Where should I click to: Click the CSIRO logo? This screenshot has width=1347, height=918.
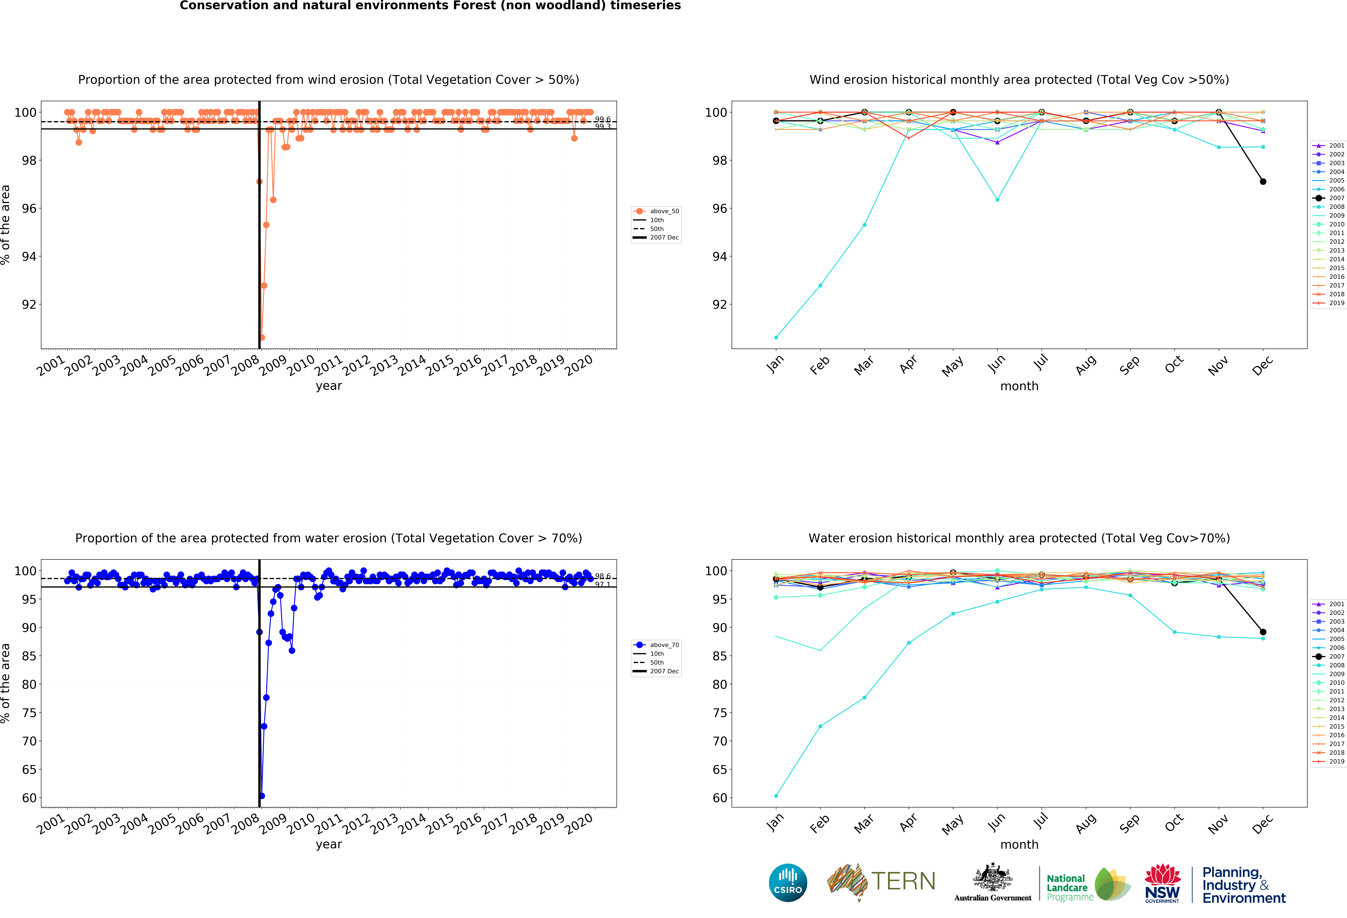click(788, 883)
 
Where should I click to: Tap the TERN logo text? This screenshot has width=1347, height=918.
click(903, 881)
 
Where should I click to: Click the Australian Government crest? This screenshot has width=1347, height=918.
click(992, 878)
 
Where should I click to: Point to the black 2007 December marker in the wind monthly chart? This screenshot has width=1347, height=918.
click(1263, 181)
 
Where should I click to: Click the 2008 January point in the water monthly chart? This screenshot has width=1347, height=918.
click(776, 796)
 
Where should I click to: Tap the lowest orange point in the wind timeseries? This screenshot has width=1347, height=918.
click(262, 337)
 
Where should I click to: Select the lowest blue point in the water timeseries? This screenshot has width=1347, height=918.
click(262, 796)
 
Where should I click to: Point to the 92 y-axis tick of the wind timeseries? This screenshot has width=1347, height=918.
click(28, 304)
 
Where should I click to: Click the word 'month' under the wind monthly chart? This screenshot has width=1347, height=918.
click(1019, 386)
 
